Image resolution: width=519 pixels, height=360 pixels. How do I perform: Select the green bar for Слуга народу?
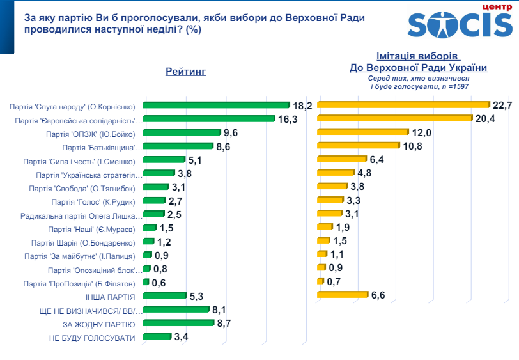tap(217, 106)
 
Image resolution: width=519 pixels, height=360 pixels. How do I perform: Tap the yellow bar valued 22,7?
tap(403, 105)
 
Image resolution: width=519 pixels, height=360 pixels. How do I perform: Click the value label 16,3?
tap(288, 120)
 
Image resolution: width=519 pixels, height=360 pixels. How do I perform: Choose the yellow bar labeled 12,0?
tap(362, 132)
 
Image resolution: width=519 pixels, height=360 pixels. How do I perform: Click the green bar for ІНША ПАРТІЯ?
tap(165, 296)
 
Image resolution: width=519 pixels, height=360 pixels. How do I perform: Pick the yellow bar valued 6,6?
tap(343, 295)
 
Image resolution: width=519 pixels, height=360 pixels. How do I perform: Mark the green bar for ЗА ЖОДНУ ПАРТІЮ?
tap(179, 324)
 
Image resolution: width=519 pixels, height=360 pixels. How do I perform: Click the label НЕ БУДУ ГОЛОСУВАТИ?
tap(92, 338)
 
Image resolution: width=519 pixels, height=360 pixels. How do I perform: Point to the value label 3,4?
tap(182, 337)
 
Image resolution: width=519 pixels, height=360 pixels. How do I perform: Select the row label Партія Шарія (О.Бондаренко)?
tap(83, 243)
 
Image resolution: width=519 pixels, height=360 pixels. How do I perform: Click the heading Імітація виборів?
tap(418, 56)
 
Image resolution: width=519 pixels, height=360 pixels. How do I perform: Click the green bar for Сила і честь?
tap(164, 160)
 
